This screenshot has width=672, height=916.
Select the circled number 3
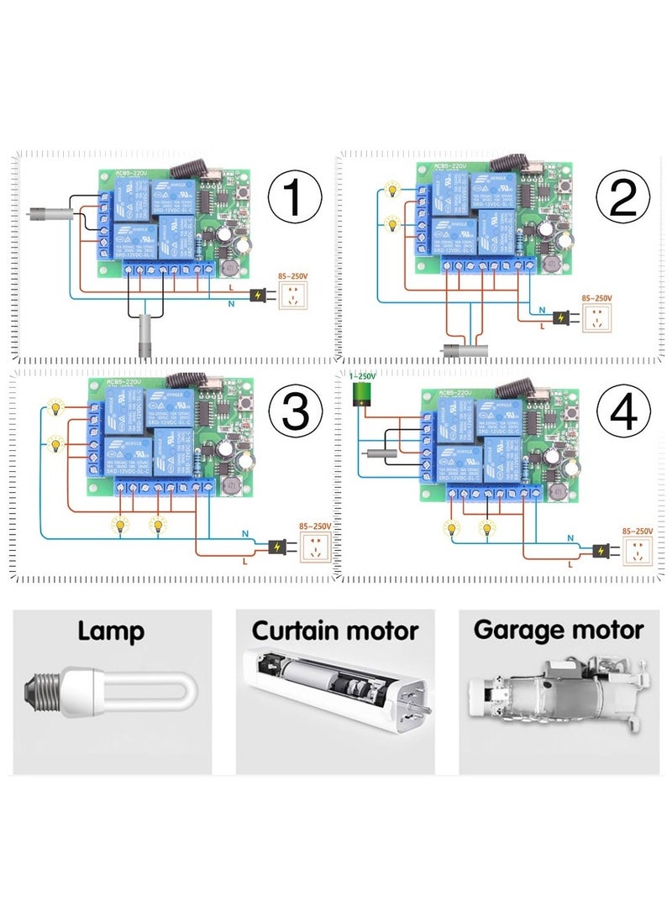click(x=295, y=412)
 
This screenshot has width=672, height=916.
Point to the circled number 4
click(x=622, y=412)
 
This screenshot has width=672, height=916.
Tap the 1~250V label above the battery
click(x=362, y=377)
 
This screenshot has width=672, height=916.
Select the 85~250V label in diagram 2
click(x=597, y=297)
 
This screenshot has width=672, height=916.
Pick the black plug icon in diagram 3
click(x=276, y=547)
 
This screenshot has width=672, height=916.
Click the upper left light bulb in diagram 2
click(x=391, y=191)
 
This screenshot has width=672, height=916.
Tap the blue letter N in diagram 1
click(x=232, y=302)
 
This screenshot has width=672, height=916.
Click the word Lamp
click(x=111, y=631)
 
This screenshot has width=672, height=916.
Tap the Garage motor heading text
click(x=559, y=630)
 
